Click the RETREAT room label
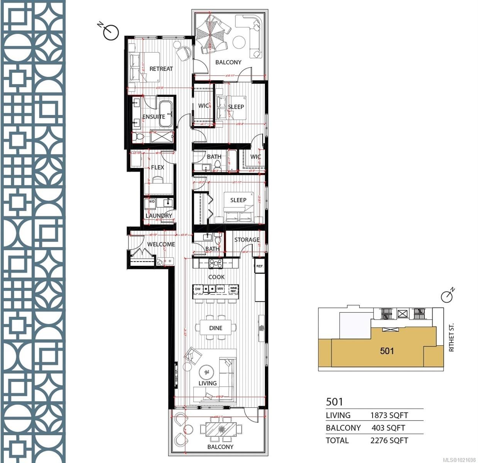pos(161,69)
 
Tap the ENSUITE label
pos(154,117)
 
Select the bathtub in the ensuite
pos(166,115)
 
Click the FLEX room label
pos(157,167)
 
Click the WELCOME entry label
pos(161,244)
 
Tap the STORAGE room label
pos(247,240)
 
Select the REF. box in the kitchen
pos(260,266)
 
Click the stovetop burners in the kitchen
pos(216,264)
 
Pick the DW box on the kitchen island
pos(198,289)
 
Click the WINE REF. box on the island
pos(233,289)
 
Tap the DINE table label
pos(216,328)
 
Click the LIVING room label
pos(208,383)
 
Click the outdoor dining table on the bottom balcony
pos(221,429)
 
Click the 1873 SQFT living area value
pos(389,416)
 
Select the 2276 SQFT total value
pos(389,440)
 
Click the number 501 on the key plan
pos(387,351)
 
